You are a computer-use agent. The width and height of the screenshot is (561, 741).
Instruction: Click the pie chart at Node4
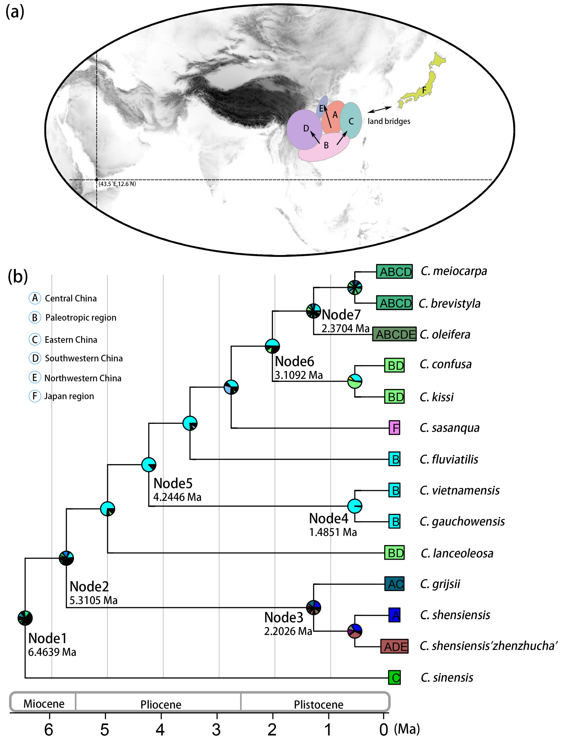[x=355, y=506]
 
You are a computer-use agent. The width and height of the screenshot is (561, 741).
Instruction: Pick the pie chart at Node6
[x=272, y=346]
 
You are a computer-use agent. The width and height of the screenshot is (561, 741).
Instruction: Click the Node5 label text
[x=173, y=483]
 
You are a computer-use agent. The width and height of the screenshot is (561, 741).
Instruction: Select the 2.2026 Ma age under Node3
[x=288, y=631]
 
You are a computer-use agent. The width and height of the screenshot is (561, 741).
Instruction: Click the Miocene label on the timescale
[x=44, y=703]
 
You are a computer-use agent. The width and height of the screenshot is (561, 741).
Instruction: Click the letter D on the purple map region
[x=306, y=128]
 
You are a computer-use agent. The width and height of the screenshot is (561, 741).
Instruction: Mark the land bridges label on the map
[x=389, y=121]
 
